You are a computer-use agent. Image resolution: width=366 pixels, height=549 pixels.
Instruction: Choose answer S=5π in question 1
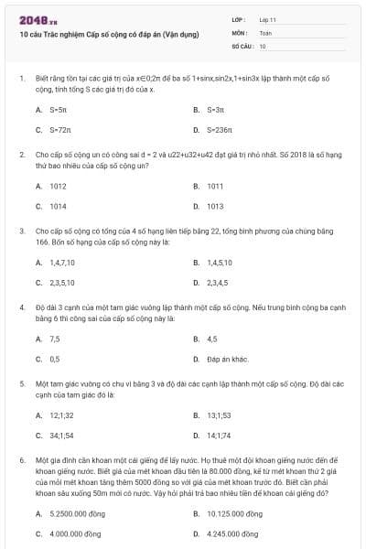point(58,110)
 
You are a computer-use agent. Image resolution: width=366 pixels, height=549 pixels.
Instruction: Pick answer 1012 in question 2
point(58,186)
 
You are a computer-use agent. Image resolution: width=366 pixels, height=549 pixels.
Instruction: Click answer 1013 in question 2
point(216,207)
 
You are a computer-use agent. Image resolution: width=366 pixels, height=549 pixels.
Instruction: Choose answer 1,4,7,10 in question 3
point(61,262)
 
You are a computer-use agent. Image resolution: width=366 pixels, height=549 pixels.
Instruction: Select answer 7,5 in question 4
point(55,338)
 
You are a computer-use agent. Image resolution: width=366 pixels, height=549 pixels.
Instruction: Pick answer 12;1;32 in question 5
point(62,414)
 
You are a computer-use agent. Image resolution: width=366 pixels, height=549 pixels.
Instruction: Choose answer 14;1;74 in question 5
point(220,435)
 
